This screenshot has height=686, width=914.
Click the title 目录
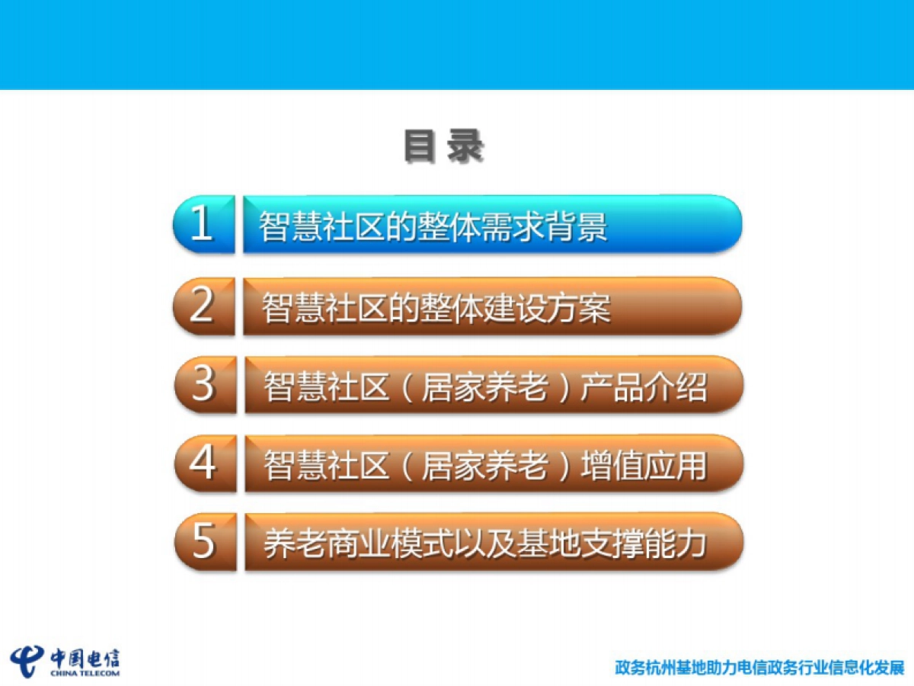443,147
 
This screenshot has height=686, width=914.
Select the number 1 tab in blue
203,224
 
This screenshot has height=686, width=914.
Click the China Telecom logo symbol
27,660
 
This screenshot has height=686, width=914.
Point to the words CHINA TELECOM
85,673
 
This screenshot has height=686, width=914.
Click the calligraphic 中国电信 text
85,658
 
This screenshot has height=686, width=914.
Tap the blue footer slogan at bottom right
759,668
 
